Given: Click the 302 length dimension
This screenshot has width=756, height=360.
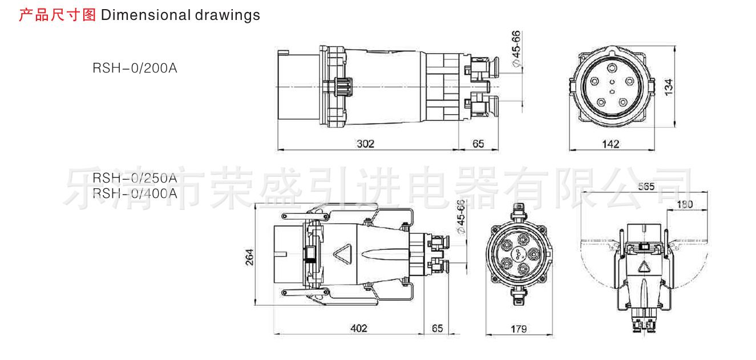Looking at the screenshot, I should pos(365,144).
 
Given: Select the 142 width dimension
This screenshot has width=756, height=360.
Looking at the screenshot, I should pos(611,144).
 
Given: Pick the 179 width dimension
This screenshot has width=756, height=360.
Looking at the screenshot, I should pos(519,329).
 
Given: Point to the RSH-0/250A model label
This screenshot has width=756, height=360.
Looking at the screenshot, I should pos(135,177).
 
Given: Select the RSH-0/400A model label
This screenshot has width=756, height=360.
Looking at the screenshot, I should pos(135,193).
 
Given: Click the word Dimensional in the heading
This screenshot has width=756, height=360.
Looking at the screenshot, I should pos(143,15).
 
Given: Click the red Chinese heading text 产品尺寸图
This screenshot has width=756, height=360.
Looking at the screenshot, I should pos(58,15).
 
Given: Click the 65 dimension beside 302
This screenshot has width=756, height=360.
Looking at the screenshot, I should pos(478,144).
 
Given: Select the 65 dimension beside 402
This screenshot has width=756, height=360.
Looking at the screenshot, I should pos(437,328).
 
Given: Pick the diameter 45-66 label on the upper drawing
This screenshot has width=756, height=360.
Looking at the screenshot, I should pos(516,49).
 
